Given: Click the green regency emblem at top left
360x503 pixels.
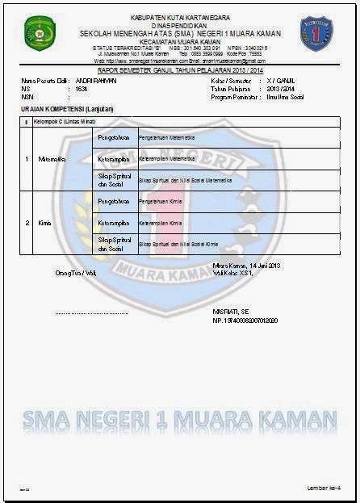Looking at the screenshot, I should (x=37, y=35).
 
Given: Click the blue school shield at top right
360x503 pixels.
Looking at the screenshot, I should (x=316, y=35).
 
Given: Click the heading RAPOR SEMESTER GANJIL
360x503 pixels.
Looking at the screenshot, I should (x=178, y=71).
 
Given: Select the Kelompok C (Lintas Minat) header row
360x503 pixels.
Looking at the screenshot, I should (x=65, y=121).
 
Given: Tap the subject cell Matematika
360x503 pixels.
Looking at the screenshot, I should (x=52, y=159).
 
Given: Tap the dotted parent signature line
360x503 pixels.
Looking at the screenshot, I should (x=91, y=312).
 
